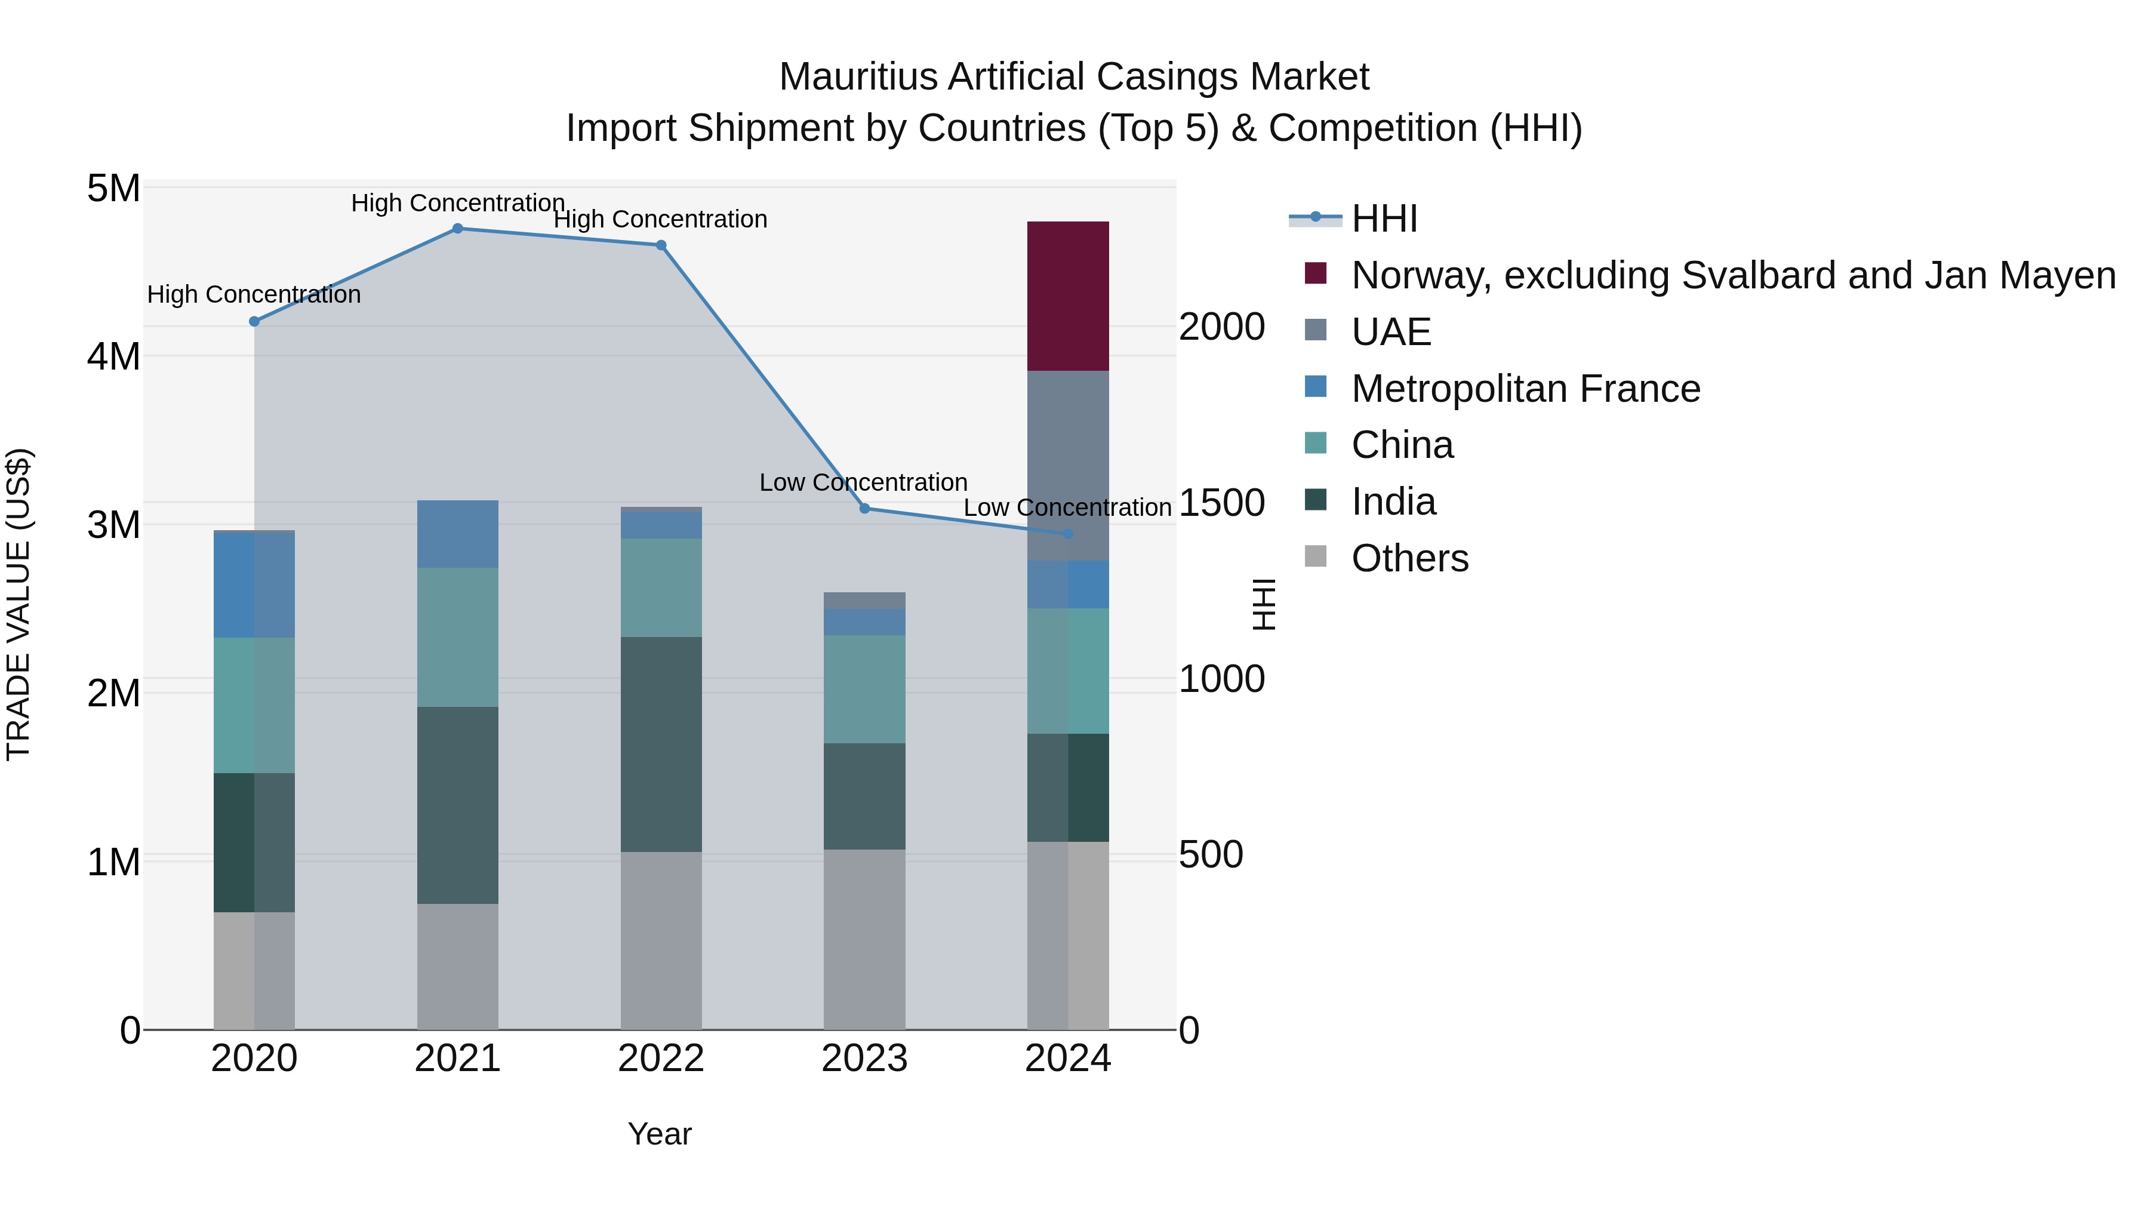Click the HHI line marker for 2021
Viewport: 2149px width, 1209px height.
(x=457, y=229)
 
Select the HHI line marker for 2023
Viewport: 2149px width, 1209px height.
(x=864, y=508)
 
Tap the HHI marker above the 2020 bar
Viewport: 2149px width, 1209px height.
(x=254, y=321)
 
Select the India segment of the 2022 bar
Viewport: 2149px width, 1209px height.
(x=661, y=745)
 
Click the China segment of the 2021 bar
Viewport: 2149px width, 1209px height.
(x=457, y=638)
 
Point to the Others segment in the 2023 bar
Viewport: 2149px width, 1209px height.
(x=864, y=940)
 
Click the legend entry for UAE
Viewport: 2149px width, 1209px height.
(x=1391, y=332)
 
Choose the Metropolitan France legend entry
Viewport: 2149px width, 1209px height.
(x=1525, y=389)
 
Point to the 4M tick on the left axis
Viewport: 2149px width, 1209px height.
(x=114, y=357)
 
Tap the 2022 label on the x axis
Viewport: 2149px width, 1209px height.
(x=661, y=1059)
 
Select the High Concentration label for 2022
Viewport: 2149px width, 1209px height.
(x=661, y=220)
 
